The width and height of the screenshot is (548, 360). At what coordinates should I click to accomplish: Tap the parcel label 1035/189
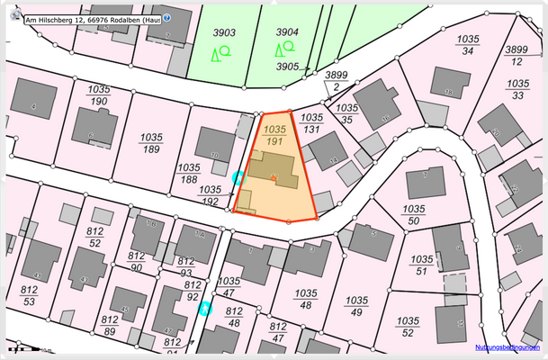tap(150, 143)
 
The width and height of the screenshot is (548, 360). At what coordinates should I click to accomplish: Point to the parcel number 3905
tap(287, 67)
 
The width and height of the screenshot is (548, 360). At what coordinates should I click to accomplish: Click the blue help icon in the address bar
tap(166, 17)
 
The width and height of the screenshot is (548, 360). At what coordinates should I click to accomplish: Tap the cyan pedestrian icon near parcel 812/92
tap(205, 310)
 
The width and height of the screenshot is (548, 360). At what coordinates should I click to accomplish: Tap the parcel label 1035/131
tap(311, 122)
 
